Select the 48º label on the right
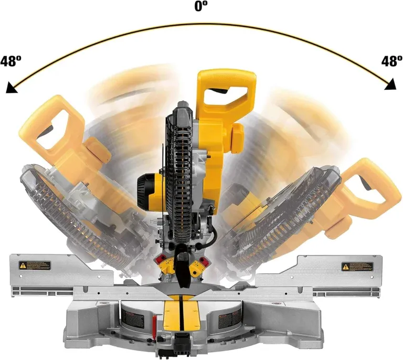coord(391,61)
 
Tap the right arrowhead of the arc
coord(390,84)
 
